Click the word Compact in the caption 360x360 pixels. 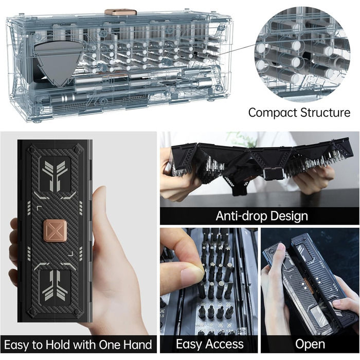pyautogui.click(x=273, y=113)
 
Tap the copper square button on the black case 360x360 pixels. pyautogui.click(x=55, y=231)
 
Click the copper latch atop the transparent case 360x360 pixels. pyautogui.click(x=120, y=12)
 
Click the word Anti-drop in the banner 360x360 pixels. pyautogui.click(x=241, y=216)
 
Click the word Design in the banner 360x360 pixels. pyautogui.click(x=289, y=217)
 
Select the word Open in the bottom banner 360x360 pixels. pyautogui.click(x=310, y=344)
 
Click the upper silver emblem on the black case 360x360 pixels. pyautogui.click(x=55, y=173)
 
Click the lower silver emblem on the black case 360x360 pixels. pyautogui.click(x=55, y=285)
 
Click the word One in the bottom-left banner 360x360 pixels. pyautogui.click(x=110, y=345)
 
